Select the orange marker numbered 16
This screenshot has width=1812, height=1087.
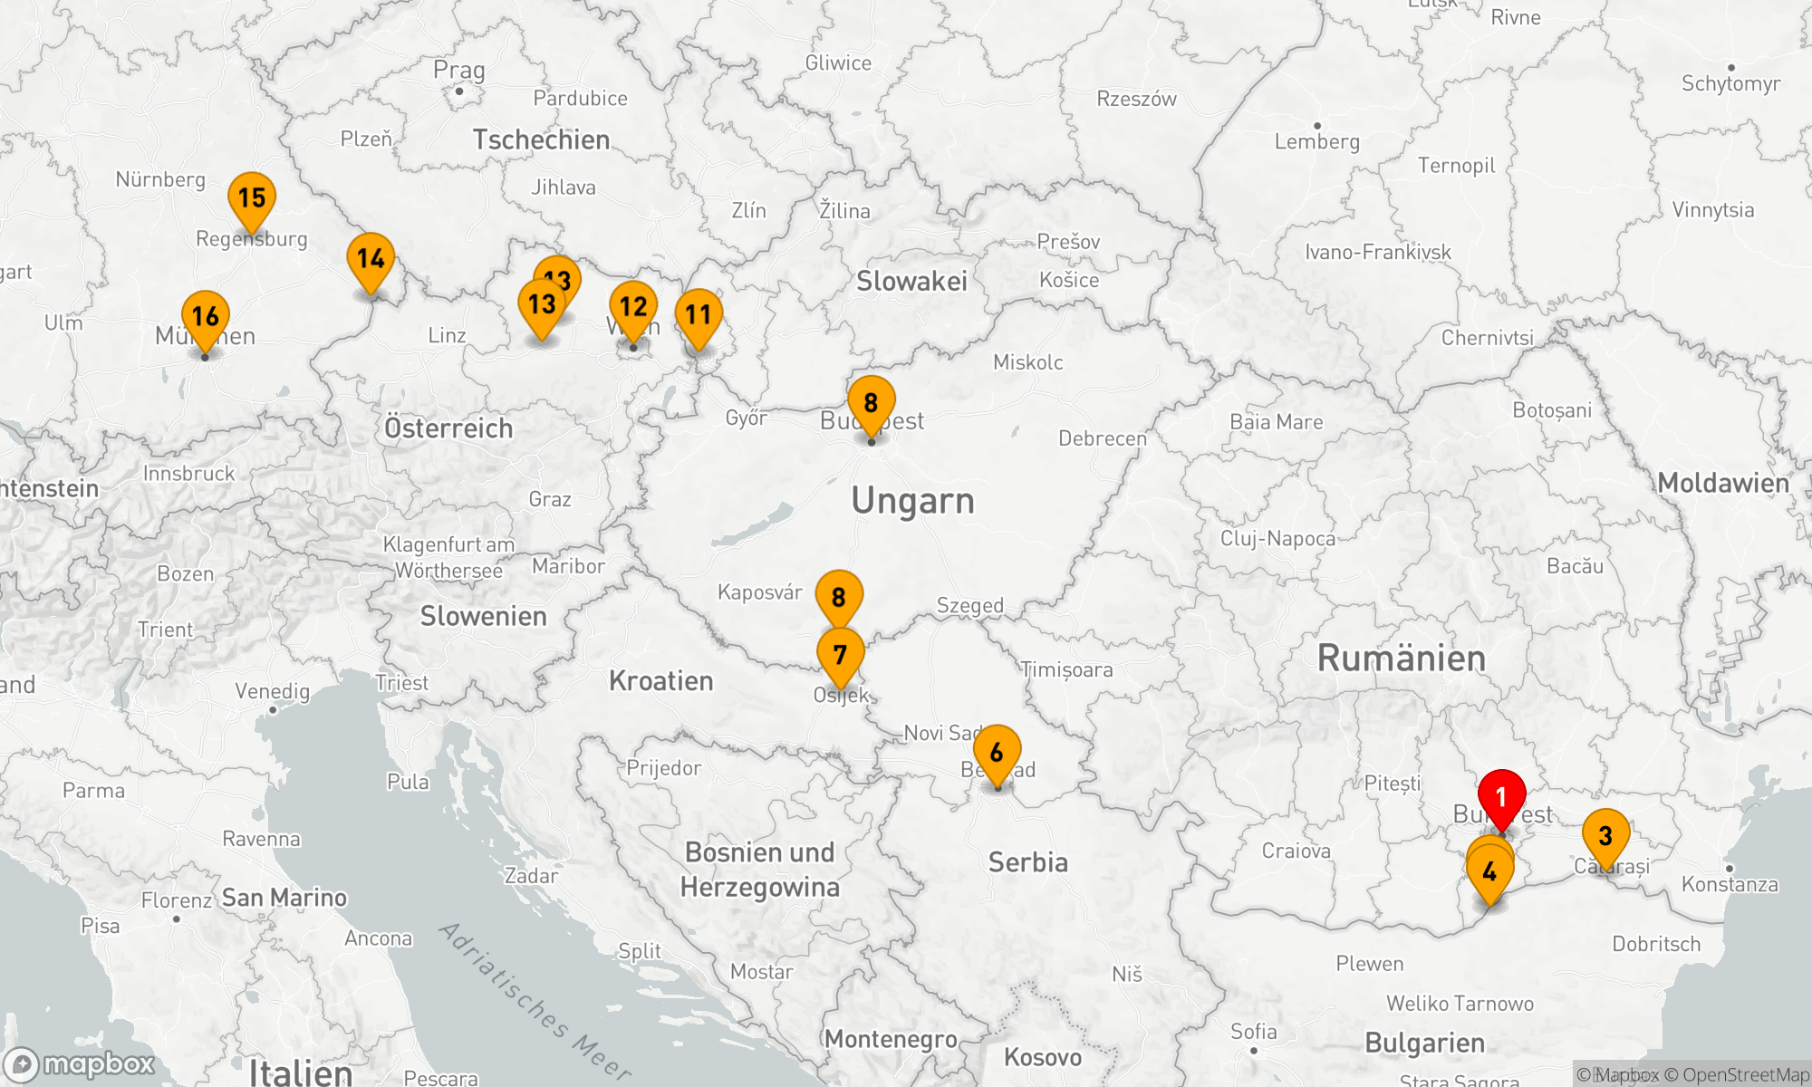206,316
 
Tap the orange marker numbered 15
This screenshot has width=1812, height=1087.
252,197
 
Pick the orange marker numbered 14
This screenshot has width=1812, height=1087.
371,258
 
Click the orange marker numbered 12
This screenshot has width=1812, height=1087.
633,306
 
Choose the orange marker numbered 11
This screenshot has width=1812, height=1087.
699,314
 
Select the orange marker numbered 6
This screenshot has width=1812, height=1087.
997,752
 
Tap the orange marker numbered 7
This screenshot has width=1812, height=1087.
840,654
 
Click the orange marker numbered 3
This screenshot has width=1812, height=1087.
1605,835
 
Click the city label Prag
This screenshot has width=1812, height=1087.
458,70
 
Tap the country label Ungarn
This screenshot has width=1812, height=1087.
912,501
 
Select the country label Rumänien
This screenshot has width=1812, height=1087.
1401,659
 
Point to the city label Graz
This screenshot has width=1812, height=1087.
550,499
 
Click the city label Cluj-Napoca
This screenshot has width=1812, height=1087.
1277,539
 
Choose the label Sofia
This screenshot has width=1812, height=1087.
1254,1032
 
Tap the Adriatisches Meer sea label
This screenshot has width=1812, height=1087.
535,1001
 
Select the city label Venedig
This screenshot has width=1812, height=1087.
272,692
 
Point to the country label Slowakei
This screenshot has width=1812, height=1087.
911,282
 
